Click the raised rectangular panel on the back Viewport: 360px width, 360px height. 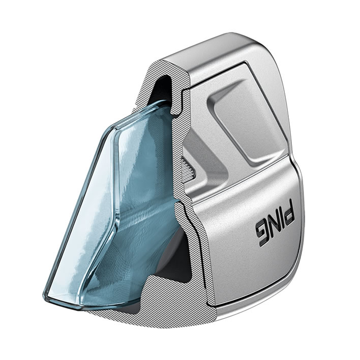pos(247,122)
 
